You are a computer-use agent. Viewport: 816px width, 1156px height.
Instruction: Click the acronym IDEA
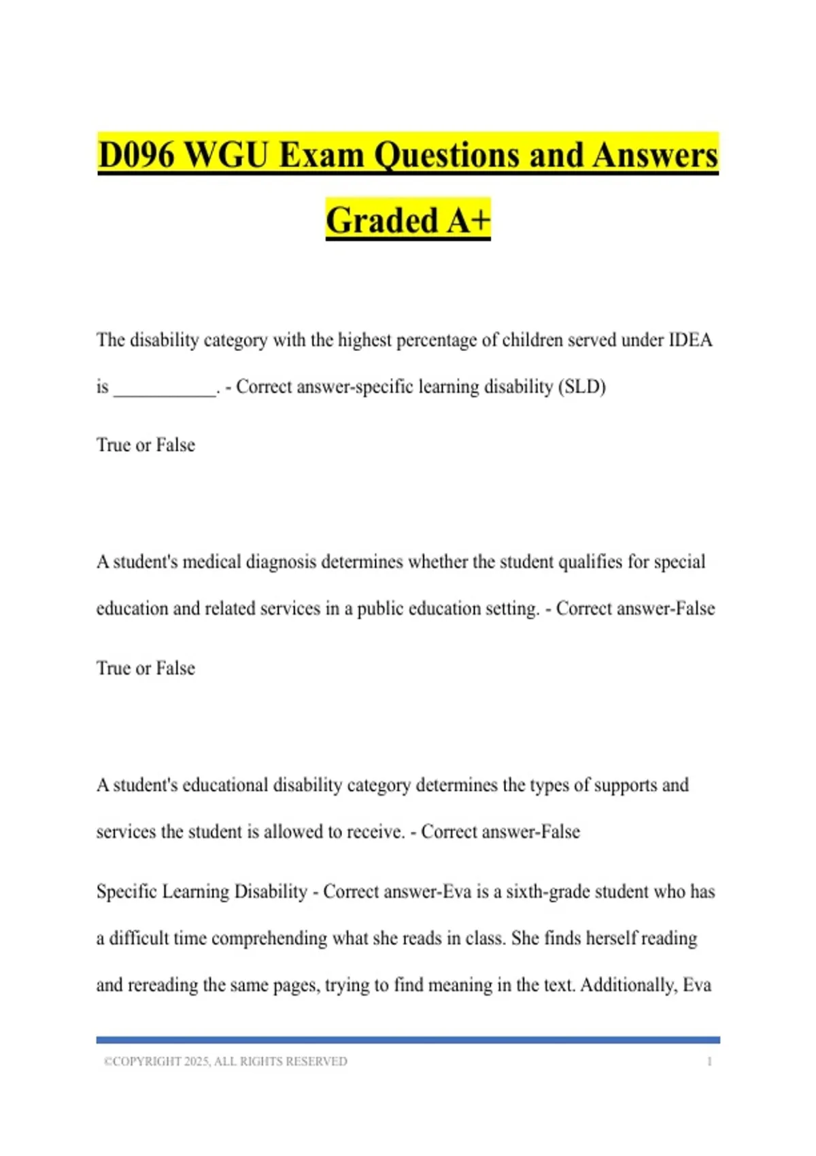690,340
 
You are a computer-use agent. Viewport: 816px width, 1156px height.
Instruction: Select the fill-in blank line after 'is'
165,388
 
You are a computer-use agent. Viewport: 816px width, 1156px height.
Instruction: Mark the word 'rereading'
162,985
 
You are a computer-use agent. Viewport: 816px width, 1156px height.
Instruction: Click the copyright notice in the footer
225,1061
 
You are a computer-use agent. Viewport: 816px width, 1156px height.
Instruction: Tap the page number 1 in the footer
709,1061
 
